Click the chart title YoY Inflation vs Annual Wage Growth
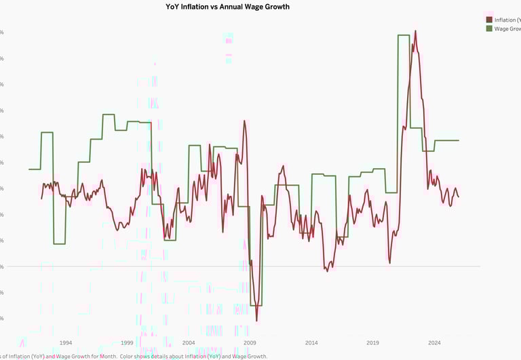[227, 7]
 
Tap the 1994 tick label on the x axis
[66, 343]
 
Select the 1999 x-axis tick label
[128, 343]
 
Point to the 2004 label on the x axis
[189, 343]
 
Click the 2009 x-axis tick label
[250, 343]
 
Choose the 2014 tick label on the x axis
[311, 343]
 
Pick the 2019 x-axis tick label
[372, 343]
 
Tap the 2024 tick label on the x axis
[434, 343]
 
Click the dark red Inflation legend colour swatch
[489, 20]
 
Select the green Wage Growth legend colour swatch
[489, 29]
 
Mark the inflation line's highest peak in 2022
[415, 31]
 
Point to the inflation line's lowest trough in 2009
[256, 320]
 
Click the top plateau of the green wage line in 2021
[404, 35]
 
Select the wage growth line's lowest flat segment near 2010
[257, 306]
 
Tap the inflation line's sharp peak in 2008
[244, 121]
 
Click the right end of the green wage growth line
[459, 140]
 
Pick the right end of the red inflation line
[459, 197]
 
